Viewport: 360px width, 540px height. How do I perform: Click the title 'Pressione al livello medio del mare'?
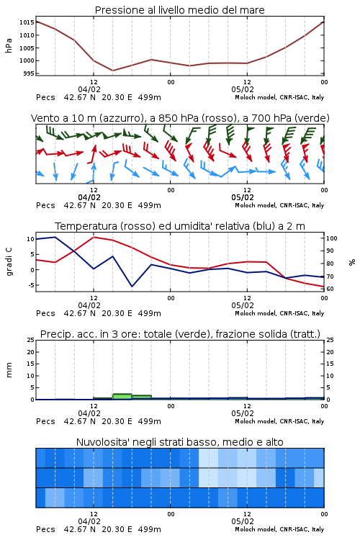coord(179,10)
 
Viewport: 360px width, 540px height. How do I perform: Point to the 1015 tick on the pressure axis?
coord(27,22)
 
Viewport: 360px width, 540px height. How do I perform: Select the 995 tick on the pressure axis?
coord(29,73)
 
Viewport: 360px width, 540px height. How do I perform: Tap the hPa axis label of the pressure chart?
coord(9,45)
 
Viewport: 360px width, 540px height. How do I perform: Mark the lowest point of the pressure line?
coord(112,71)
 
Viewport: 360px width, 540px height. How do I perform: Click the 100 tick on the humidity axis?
coord(331,238)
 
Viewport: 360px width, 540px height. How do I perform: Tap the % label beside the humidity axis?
coord(352,262)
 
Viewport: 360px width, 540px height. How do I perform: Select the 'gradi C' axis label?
coord(9,261)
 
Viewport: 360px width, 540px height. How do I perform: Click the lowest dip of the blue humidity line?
coord(132,286)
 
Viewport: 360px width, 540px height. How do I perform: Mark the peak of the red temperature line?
coord(94,237)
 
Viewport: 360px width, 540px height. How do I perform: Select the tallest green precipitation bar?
coord(122,397)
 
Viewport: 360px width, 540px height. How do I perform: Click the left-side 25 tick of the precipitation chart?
coord(30,341)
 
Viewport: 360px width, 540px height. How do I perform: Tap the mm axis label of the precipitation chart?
coord(9,370)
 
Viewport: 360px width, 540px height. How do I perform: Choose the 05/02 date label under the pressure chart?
coord(243,89)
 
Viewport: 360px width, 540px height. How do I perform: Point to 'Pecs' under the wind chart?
coord(45,206)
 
